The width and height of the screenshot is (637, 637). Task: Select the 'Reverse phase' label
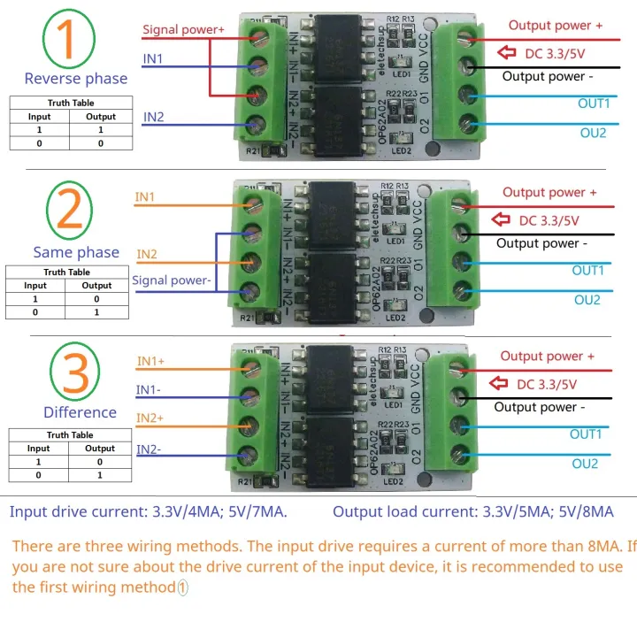[x=76, y=78]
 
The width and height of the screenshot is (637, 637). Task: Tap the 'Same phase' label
[x=76, y=252]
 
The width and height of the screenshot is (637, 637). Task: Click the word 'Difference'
[x=80, y=412]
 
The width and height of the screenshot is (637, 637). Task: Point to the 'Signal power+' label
[x=183, y=29]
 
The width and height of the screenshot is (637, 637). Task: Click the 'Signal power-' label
[x=171, y=281]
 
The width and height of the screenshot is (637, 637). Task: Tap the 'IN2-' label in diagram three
[x=149, y=449]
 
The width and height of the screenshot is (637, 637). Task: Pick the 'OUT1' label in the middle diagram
[x=588, y=271]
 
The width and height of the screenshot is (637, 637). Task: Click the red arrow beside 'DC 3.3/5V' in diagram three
[x=501, y=384]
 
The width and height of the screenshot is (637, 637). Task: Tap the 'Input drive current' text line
[x=148, y=512]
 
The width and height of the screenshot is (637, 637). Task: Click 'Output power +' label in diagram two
[x=549, y=192]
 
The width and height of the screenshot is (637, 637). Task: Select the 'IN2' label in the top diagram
[x=153, y=116]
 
